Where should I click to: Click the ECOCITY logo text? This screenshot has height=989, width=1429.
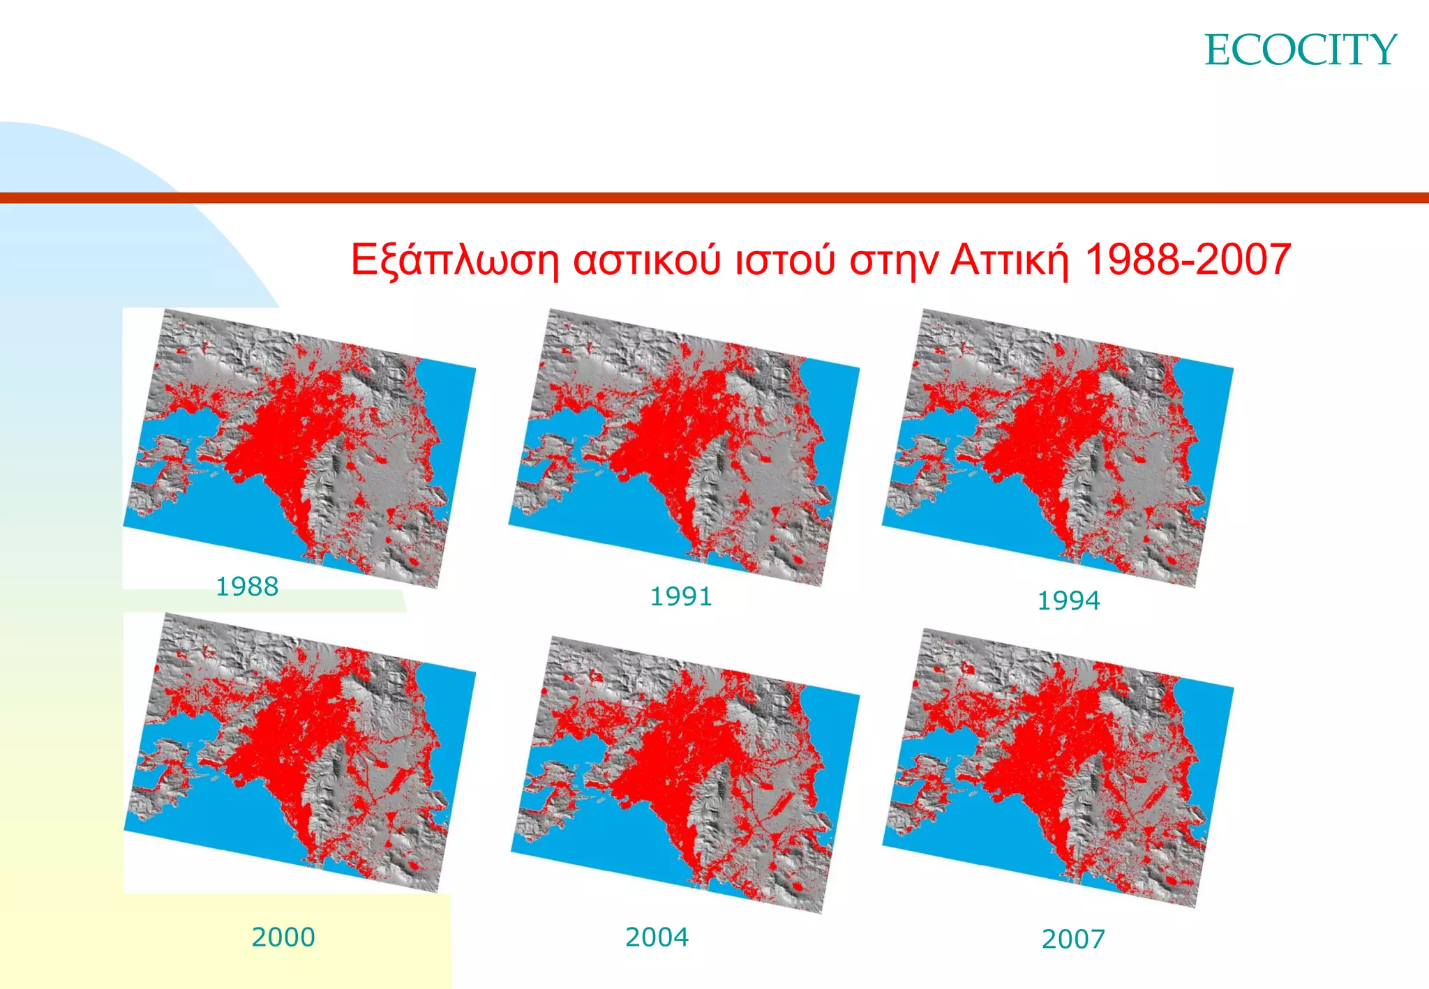1300,50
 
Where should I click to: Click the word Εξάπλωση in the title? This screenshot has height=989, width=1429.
454,260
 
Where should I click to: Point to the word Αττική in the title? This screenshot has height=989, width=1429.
1010,260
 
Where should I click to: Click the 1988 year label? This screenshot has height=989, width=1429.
247,587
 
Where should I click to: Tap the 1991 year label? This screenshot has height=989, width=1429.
681,597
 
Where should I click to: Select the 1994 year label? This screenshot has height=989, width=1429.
1068,601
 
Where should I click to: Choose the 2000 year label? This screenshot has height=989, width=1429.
283,937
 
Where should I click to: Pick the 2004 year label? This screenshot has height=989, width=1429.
657,937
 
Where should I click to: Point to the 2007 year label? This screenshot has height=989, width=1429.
1073,939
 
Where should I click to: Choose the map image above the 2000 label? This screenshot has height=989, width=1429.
300,753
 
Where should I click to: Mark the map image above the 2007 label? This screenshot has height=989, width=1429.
1058,767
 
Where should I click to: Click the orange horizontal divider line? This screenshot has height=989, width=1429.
714,198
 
